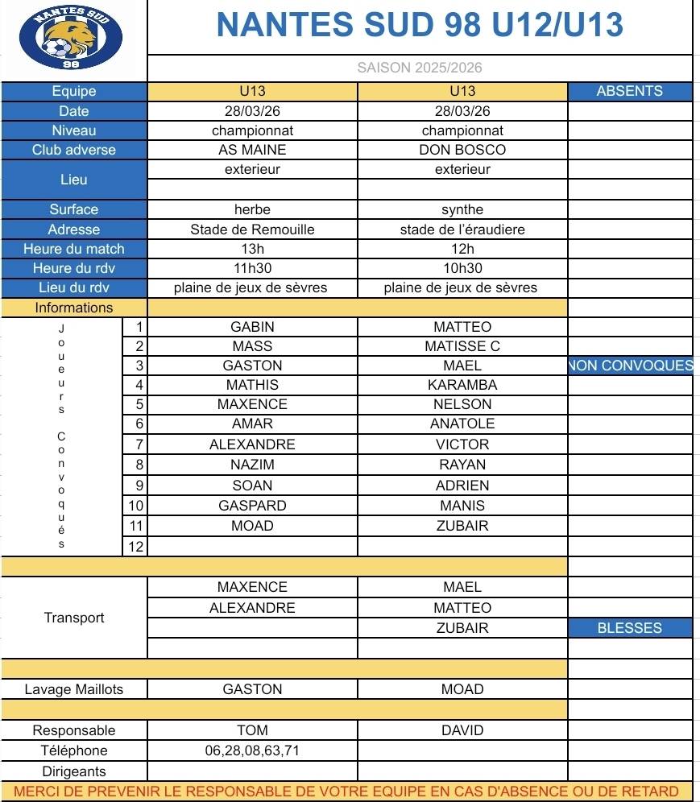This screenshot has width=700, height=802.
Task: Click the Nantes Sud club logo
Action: click(71, 39)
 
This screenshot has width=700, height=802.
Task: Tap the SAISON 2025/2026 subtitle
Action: click(420, 68)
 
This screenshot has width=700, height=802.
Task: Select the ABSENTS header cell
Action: click(629, 91)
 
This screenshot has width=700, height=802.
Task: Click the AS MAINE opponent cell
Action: click(252, 150)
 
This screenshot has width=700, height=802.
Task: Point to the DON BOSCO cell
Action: click(462, 150)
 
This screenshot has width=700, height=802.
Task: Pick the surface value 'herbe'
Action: click(252, 209)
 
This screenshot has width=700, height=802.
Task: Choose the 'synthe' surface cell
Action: click(462, 209)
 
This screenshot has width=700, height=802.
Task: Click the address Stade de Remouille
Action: click(252, 229)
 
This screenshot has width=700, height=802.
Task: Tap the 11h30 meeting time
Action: click(252, 268)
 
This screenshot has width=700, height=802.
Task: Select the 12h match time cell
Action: click(462, 249)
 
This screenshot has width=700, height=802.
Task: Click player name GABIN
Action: click(252, 327)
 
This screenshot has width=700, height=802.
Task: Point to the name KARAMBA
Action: click(462, 385)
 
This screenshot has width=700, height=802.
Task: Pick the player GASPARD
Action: click(252, 506)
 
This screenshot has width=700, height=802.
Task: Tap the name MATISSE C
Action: click(462, 346)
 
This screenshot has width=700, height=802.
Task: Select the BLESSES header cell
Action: click(629, 628)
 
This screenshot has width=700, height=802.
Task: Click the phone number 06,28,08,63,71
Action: click(252, 750)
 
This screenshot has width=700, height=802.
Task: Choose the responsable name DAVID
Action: click(462, 730)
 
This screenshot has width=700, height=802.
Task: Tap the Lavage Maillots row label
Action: click(74, 689)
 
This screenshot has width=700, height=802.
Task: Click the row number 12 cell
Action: click(135, 547)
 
